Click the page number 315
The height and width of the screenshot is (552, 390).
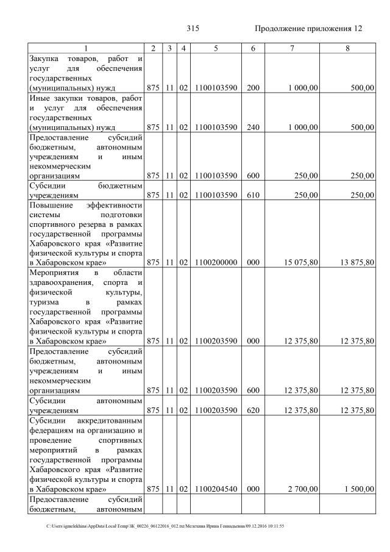(x=193, y=29)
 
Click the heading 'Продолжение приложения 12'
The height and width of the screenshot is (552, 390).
(x=308, y=29)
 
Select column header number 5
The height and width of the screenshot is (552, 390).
(x=216, y=48)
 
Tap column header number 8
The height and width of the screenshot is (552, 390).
(x=347, y=48)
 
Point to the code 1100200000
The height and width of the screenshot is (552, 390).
(x=216, y=263)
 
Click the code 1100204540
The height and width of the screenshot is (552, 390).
(x=216, y=489)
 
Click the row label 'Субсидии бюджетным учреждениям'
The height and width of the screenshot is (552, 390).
(x=85, y=190)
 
